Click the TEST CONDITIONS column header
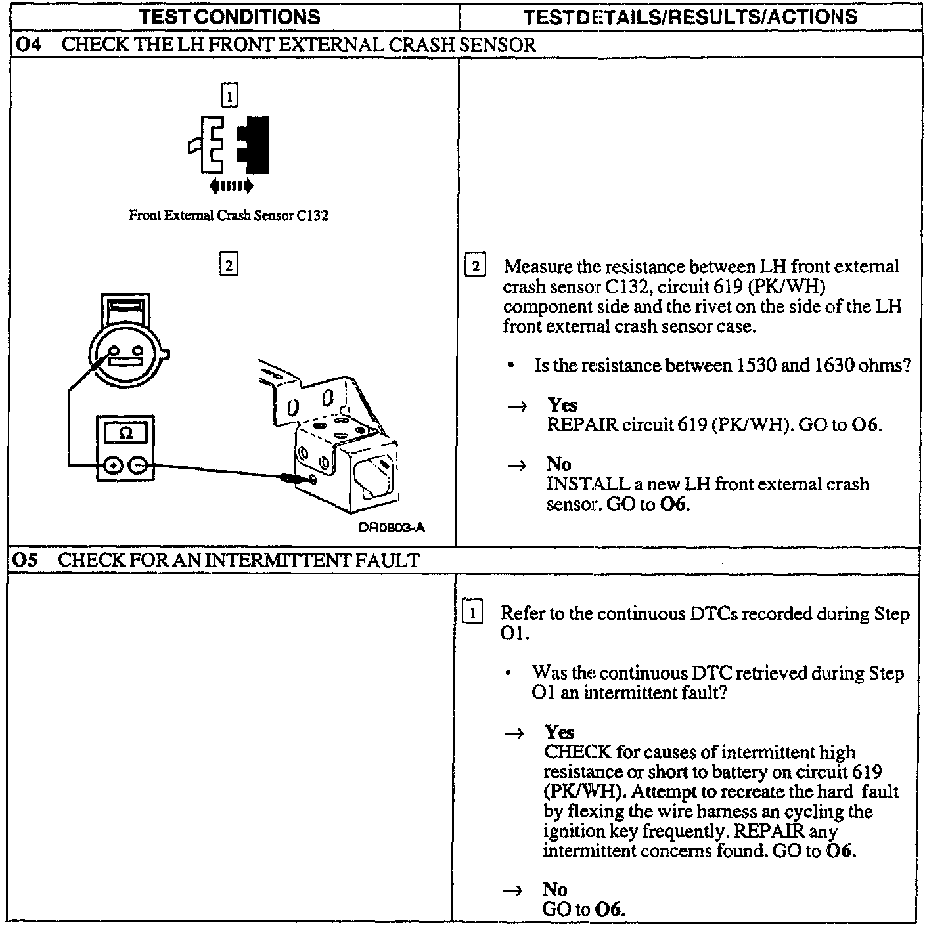[230, 16]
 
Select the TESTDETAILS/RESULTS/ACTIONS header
[690, 16]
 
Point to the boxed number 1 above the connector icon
[229, 97]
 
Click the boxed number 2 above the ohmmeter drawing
[228, 265]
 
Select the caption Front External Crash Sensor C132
[228, 215]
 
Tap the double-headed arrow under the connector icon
[231, 187]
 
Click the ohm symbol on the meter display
[126, 434]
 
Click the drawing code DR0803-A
[392, 528]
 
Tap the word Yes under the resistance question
[562, 405]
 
